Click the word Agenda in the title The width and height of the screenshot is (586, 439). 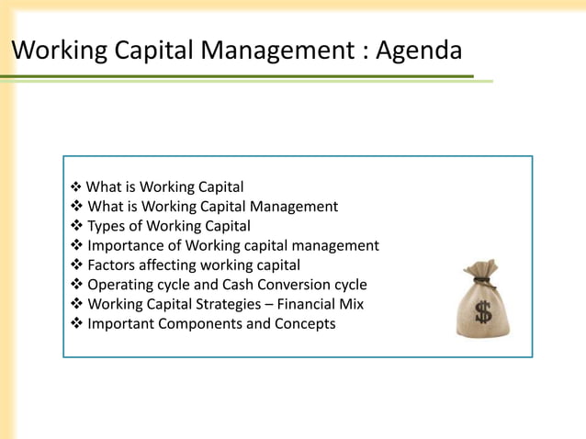[x=419, y=50]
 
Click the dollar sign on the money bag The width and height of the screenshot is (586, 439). [x=483, y=311]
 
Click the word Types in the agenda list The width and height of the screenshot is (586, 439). [x=107, y=226]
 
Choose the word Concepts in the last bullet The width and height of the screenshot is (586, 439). [x=305, y=323]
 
